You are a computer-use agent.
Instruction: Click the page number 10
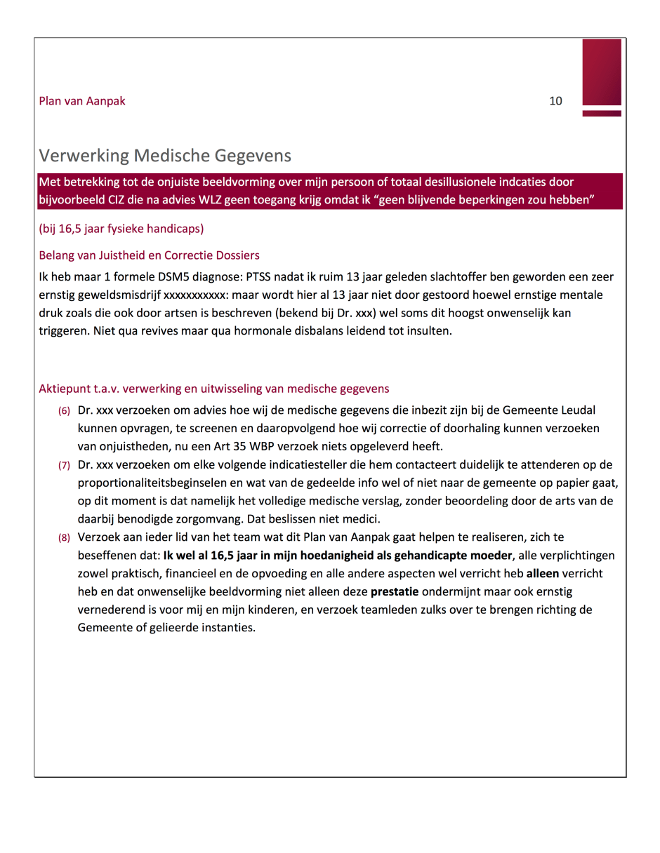pos(555,101)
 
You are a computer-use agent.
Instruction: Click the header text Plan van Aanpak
pos(82,101)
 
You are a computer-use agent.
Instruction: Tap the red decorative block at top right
pos(602,73)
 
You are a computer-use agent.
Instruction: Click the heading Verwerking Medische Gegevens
pos(165,155)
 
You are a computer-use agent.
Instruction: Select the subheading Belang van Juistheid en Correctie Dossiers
pos(149,255)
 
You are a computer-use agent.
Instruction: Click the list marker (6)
pos(64,410)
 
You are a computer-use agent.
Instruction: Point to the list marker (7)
pos(64,465)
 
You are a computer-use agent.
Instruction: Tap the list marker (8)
pos(64,538)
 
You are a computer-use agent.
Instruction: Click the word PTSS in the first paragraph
pos(261,276)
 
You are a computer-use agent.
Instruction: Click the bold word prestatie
pos(395,591)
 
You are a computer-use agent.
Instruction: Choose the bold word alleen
pos(543,573)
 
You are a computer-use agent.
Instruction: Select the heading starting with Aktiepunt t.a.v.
pos(214,389)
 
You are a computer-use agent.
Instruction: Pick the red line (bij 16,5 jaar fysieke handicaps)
pos(121,229)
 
